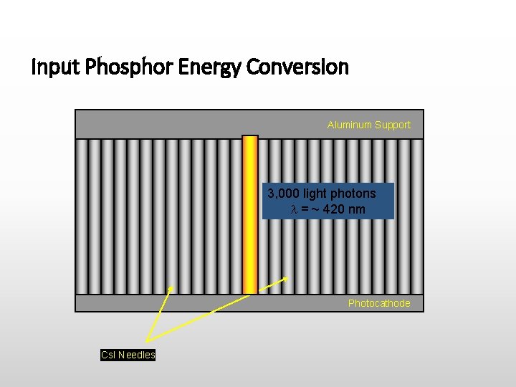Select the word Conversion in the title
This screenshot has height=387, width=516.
coord(297,68)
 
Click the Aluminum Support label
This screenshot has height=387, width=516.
coord(369,125)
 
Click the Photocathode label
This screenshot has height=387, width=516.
coord(379,303)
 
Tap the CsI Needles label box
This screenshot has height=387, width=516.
coord(128,355)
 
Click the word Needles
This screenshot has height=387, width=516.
coord(137,355)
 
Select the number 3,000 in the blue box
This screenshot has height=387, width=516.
coord(282,193)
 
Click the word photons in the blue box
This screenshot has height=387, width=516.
coord(354,193)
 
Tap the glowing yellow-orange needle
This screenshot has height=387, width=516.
coord(249,215)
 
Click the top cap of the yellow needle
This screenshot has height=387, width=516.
coord(249,137)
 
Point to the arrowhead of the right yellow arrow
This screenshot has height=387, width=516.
coord(287,279)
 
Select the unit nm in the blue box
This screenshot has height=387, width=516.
coord(357,209)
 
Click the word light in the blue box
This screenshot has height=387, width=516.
coord(315,193)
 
